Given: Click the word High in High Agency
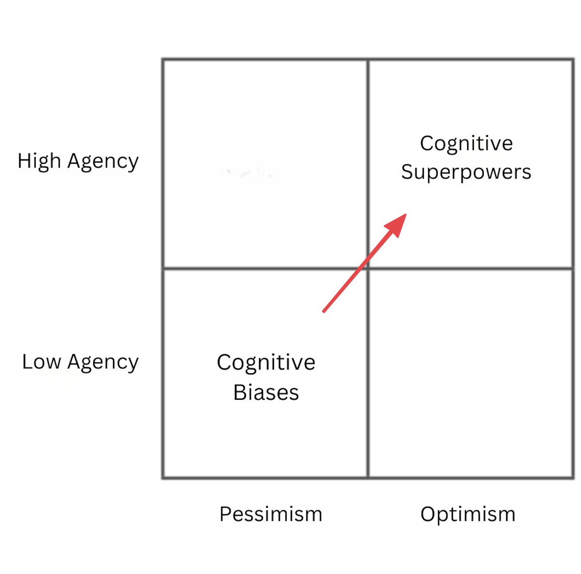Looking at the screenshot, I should pos(39,161).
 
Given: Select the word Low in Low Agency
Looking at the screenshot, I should pos(41,362).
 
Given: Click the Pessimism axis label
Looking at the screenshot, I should pos(271,514).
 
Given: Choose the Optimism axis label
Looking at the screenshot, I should pos(468,514).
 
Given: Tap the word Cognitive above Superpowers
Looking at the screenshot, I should pos(466,143).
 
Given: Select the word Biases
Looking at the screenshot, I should pos(266,392).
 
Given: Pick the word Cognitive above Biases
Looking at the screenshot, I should pos(266,363).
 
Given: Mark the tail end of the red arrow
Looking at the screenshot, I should pos(323,312).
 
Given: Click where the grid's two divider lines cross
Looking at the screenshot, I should pos(368,268).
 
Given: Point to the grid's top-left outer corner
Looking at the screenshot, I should pos(163,60).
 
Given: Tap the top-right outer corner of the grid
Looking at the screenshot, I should pos(573,60).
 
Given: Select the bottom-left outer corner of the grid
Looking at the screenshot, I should pos(163,478).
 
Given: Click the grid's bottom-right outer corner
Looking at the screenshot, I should pos(573,478).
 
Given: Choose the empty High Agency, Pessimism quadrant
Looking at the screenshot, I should pos(265,164).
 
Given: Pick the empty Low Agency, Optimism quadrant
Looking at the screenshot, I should pos(471,373).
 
